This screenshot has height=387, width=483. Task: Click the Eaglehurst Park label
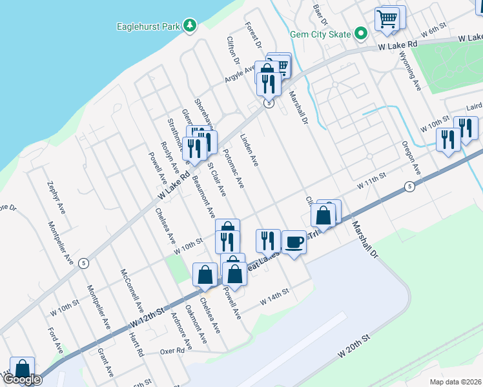[149, 26]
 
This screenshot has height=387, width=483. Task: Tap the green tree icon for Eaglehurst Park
[189, 26]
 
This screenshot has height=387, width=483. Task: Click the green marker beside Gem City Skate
[361, 34]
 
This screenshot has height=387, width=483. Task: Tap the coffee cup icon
[294, 242]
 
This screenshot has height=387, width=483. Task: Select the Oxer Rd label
[172, 352]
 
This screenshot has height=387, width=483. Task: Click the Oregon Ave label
[411, 157]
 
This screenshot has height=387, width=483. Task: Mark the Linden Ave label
[249, 152]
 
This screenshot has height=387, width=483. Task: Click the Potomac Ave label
[234, 169]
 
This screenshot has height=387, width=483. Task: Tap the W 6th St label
[433, 32]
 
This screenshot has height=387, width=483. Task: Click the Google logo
[21, 379]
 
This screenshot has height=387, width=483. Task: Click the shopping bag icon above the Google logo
[22, 369]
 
